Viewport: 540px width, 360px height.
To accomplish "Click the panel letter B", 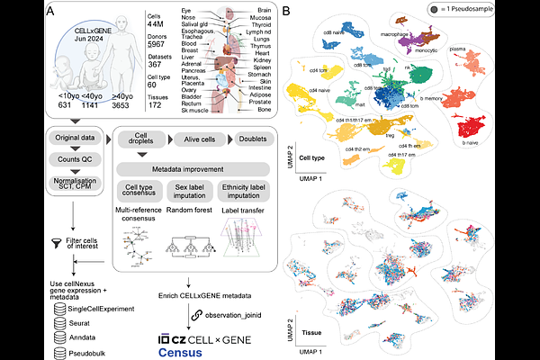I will click(286, 11).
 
